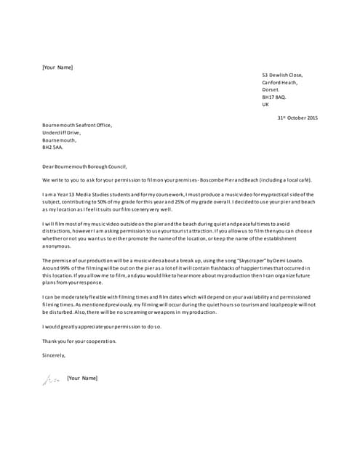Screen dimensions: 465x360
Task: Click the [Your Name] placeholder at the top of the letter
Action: [x=57, y=68]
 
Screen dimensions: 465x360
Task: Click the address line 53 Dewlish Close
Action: [x=282, y=75]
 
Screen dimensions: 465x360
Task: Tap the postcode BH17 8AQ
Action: [x=274, y=97]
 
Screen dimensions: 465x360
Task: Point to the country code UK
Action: [x=265, y=104]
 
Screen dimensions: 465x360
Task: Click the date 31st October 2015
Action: [x=297, y=118]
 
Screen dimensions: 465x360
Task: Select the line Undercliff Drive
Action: [x=61, y=132]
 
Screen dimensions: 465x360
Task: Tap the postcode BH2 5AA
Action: [x=52, y=147]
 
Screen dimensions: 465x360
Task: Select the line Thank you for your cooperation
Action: [x=79, y=341]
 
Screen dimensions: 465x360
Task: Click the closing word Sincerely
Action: [x=54, y=355]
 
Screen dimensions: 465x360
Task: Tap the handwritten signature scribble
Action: [x=50, y=379]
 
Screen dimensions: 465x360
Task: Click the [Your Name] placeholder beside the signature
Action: [x=81, y=378]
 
